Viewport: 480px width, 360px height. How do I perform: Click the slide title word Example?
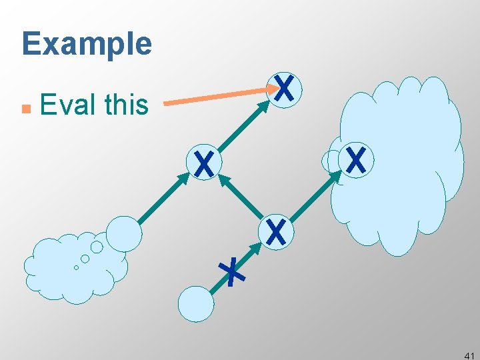[x=87, y=45]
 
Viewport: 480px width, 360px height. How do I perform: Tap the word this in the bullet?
[x=127, y=105]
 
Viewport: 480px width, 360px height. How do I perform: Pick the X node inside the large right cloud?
[x=356, y=160]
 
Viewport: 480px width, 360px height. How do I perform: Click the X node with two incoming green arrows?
[x=204, y=163]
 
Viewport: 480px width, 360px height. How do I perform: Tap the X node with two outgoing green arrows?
[x=275, y=231]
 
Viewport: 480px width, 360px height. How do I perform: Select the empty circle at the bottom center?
[x=196, y=304]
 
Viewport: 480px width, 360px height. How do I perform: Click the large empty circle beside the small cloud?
[x=124, y=233]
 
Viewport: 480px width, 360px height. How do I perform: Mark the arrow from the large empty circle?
[x=163, y=198]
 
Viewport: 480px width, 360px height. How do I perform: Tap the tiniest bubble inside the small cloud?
[x=76, y=267]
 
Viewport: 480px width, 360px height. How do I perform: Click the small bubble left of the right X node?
[x=331, y=161]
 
